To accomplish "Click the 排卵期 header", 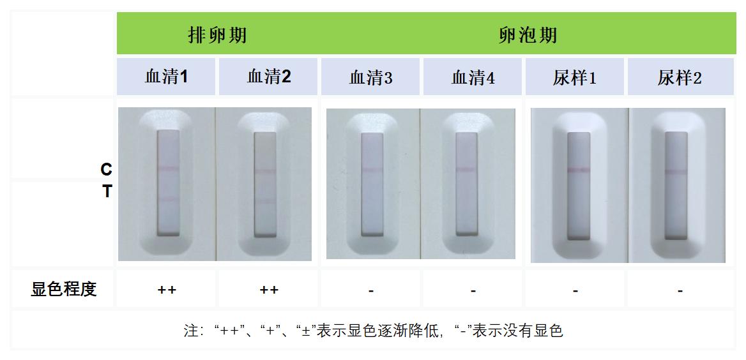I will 217,34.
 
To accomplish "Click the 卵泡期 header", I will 528,34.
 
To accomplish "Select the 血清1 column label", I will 166,77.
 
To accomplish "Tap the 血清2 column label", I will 269,77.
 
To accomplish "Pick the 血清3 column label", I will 370,78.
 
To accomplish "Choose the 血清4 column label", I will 473,78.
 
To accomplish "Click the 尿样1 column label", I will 575,78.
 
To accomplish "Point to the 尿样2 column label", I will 680,78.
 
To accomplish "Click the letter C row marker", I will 106,169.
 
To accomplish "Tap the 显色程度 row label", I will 64,289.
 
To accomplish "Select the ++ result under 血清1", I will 167,290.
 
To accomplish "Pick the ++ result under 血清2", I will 269,290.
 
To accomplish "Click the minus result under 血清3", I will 371,290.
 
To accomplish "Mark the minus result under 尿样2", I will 680,290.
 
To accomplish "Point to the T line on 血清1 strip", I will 169,199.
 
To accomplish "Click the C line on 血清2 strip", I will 264,171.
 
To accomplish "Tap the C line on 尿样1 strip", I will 579,169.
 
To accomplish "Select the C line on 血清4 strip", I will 465,170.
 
